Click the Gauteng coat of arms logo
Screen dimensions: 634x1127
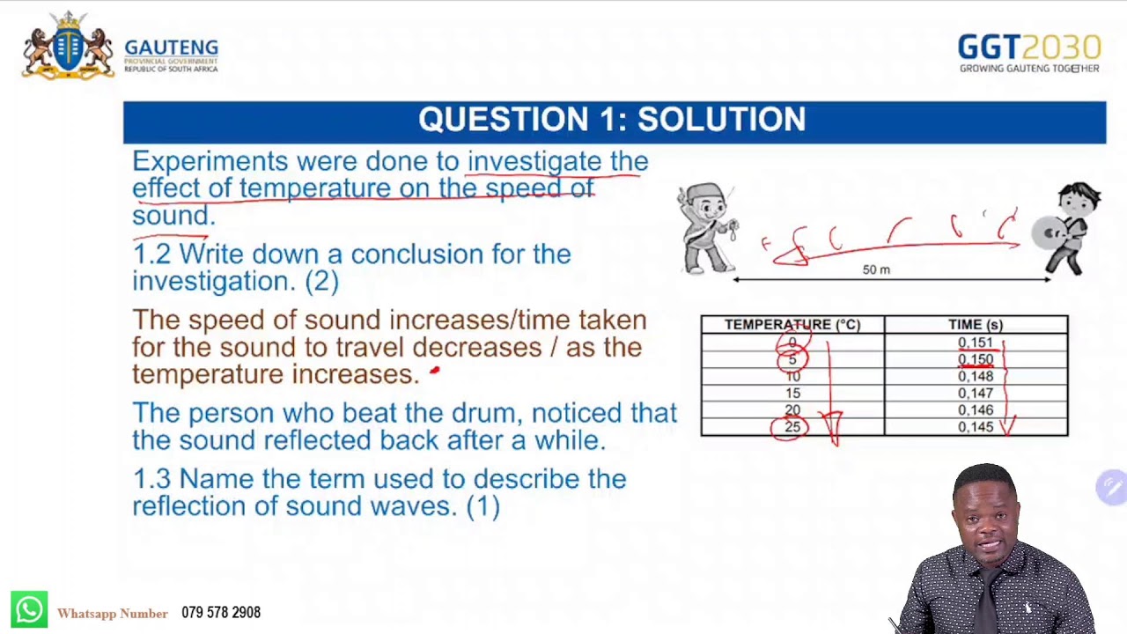click(68, 47)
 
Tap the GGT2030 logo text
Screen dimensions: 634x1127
click(1028, 48)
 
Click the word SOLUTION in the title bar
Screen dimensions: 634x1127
click(721, 120)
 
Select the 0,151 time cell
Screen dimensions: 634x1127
click(975, 343)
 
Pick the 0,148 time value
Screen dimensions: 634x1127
click(975, 376)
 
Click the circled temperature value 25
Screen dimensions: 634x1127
click(792, 427)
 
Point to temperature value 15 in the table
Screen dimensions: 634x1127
click(792, 393)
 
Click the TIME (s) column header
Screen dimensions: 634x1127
click(975, 325)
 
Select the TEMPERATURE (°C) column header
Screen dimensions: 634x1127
click(792, 325)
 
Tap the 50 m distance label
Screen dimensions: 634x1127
click(876, 269)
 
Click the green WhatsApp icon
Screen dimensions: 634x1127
click(29, 609)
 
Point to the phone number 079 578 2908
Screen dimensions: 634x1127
click(221, 613)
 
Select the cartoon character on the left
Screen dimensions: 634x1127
click(707, 228)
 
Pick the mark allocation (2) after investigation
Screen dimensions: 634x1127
click(321, 281)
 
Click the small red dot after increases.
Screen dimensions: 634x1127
click(434, 372)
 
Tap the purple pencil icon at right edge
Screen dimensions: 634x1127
click(1112, 487)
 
